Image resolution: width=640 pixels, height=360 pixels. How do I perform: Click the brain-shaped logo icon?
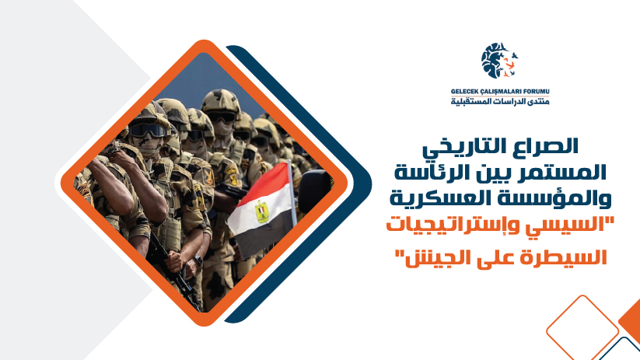click(498, 61)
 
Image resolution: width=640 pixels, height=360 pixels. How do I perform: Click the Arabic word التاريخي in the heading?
click(474, 149)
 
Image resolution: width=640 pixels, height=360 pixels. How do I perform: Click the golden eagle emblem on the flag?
click(261, 211)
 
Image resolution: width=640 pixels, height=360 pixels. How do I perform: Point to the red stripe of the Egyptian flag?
click(264, 183)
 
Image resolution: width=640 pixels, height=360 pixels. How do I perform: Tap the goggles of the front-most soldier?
click(148, 130)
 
